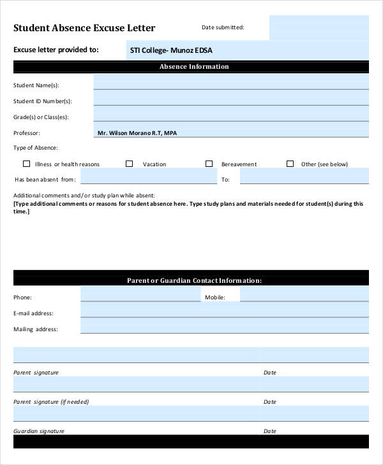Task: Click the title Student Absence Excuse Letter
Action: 84,28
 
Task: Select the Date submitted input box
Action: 319,28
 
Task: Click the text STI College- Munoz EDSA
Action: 171,50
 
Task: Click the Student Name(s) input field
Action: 230,82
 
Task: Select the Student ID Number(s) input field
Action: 230,98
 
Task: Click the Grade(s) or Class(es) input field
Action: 230,114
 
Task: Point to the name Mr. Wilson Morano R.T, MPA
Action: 137,133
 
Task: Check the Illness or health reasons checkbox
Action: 26,164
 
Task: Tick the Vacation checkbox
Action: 129,164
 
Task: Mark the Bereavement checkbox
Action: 209,164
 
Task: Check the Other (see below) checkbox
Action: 290,164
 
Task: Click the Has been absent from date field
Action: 148,176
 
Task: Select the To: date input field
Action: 304,176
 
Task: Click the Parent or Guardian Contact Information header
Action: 193,280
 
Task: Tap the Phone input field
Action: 140,294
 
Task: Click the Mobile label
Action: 214,297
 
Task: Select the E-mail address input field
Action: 224,310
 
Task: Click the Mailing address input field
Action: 224,326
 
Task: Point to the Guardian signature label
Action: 39,431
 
